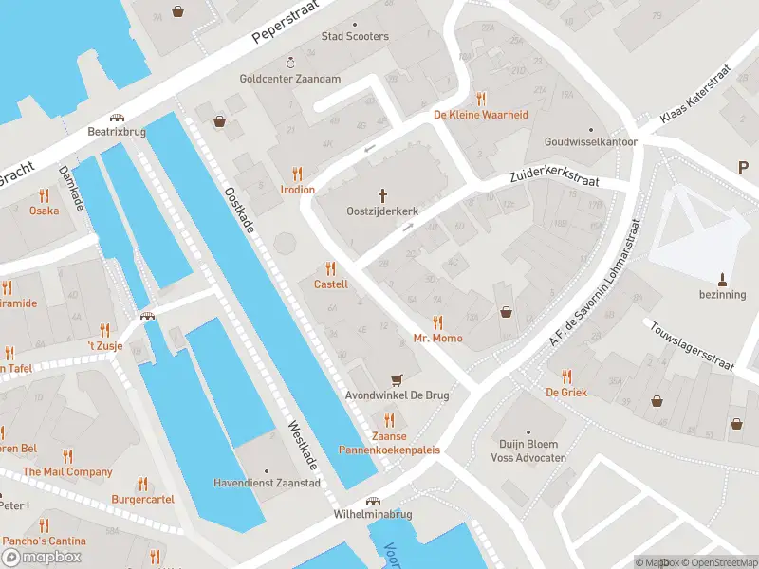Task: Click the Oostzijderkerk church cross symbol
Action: pos(383,195)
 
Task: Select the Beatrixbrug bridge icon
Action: pos(118,118)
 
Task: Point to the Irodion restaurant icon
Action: pos(297,174)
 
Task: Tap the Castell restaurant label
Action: pos(331,284)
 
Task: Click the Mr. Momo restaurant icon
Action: pos(437,322)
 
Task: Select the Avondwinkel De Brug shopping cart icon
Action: pos(397,378)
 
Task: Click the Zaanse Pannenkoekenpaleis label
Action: pos(390,443)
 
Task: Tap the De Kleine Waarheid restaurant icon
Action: pos(481,99)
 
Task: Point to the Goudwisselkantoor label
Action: pos(590,141)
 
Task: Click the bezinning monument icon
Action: pos(722,279)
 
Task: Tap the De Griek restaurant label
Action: pos(566,392)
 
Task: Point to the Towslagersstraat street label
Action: pos(693,344)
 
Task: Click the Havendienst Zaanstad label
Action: pos(280,483)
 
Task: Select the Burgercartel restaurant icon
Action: pos(143,483)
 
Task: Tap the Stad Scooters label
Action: pos(355,36)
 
